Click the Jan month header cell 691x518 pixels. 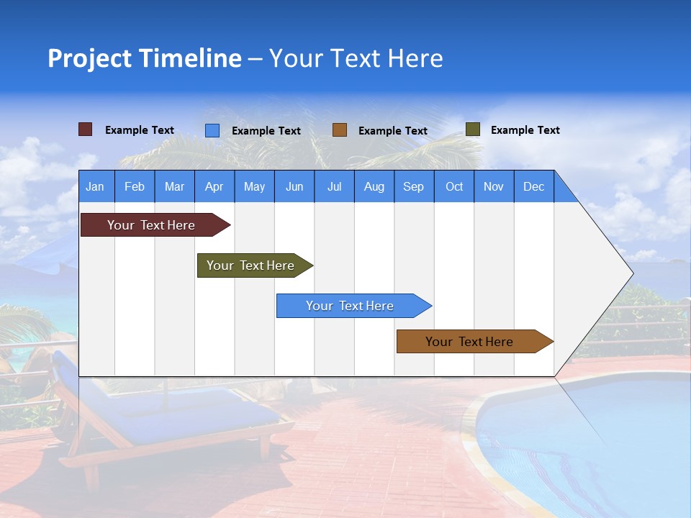pyautogui.click(x=96, y=186)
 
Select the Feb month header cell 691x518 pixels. pyautogui.click(x=135, y=186)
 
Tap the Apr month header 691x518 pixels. pyautogui.click(x=214, y=186)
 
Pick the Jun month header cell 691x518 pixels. pyautogui.click(x=294, y=186)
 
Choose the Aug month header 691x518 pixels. pyautogui.click(x=374, y=186)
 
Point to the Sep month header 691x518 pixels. pyautogui.click(x=414, y=186)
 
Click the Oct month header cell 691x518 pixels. pyautogui.click(x=454, y=186)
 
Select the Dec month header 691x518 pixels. pyautogui.click(x=534, y=186)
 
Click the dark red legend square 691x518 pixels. pyautogui.click(x=86, y=129)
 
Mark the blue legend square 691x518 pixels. pyautogui.click(x=212, y=130)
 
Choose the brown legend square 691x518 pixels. pyautogui.click(x=340, y=130)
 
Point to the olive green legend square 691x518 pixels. pyautogui.click(x=472, y=129)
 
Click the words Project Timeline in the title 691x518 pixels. pyautogui.click(x=144, y=58)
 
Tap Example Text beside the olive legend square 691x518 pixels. pyautogui.click(x=525, y=130)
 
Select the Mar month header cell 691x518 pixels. pyautogui.click(x=174, y=186)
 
